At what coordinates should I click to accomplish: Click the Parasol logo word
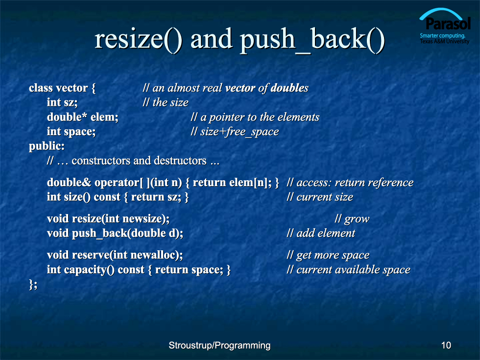pyautogui.click(x=448, y=24)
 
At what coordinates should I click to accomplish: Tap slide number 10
pyautogui.click(x=446, y=345)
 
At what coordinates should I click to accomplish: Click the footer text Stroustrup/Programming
pyautogui.click(x=219, y=346)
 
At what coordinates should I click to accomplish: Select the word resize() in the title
pyautogui.click(x=138, y=39)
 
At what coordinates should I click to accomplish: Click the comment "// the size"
pyautogui.click(x=166, y=102)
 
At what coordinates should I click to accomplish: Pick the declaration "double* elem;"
pyautogui.click(x=83, y=117)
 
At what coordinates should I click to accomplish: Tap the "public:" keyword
pyautogui.click(x=47, y=146)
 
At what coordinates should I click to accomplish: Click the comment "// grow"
pyautogui.click(x=352, y=219)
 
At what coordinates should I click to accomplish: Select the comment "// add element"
pyautogui.click(x=321, y=233)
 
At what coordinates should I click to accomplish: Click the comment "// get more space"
pyautogui.click(x=328, y=255)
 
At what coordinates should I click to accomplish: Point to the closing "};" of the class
pyautogui.click(x=33, y=284)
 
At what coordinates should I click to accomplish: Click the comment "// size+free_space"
pyautogui.click(x=235, y=132)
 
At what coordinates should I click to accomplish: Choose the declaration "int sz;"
pyautogui.click(x=62, y=102)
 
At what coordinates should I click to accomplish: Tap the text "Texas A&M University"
pyautogui.click(x=445, y=41)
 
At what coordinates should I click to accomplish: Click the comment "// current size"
pyautogui.click(x=320, y=197)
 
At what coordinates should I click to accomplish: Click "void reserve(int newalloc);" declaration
pyautogui.click(x=115, y=255)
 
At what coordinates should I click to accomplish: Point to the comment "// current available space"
pyautogui.click(x=348, y=270)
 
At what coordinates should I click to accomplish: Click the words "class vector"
pyautogui.click(x=58, y=88)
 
